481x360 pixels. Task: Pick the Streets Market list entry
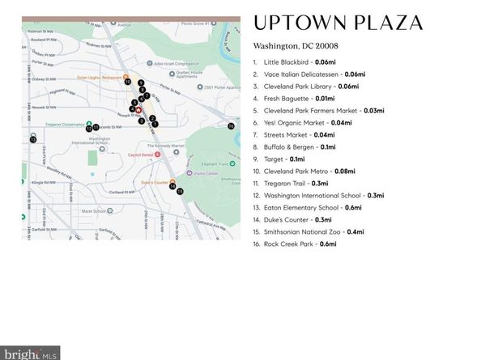[288, 134]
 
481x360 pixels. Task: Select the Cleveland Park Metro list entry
[298, 171]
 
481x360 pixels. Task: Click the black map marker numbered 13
[33, 139]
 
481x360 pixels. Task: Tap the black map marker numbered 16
[231, 126]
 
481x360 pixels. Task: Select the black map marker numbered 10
[128, 82]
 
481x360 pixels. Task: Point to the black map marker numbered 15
[179, 191]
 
